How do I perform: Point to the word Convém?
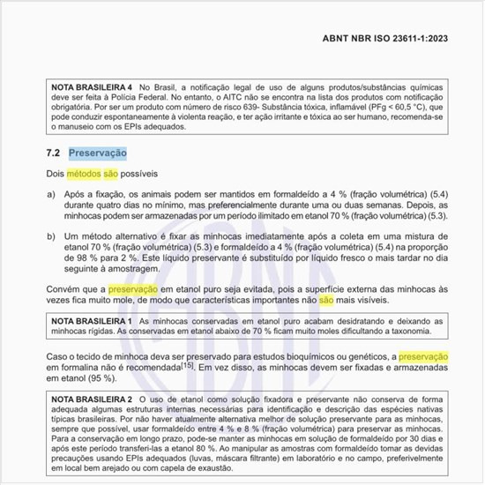(63, 288)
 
